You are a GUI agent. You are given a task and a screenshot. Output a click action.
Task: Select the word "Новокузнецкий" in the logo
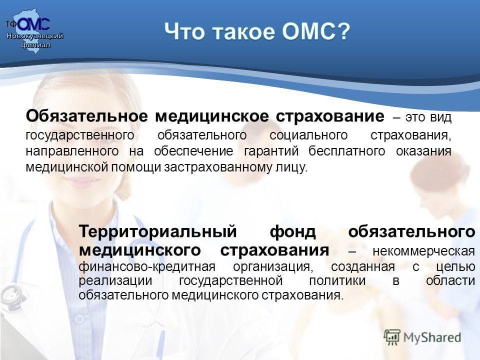pos(35,36)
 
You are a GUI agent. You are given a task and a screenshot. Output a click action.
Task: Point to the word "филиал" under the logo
pos(36,45)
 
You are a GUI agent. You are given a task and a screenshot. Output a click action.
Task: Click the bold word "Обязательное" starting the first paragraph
pos(87,116)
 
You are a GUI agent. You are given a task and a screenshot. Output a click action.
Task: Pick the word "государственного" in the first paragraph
pos(80,135)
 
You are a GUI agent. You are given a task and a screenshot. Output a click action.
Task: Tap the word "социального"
pos(308,135)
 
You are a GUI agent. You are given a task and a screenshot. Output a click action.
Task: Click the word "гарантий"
pos(271,151)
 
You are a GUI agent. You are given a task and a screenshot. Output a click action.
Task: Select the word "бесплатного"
pos(346,151)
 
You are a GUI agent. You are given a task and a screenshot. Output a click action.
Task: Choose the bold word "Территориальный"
pos(158,231)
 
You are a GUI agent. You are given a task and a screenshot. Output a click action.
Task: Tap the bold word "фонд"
pos(292,231)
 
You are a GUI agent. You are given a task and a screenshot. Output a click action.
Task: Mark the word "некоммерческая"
pos(424,251)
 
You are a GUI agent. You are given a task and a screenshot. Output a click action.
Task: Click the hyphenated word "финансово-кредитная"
pos(147,266)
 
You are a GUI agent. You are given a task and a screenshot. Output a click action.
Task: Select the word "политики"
pos(337,280)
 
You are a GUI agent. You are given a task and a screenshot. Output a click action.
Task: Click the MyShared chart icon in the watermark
pos(392,337)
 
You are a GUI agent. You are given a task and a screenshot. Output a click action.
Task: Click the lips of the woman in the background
pos(82,182)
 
